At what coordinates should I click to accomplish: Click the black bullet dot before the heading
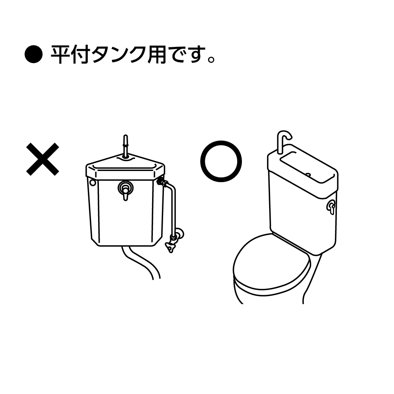(33, 54)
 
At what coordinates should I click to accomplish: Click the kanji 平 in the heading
(60, 54)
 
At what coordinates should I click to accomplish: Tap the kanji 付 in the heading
(81, 54)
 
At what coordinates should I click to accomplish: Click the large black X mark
(43, 159)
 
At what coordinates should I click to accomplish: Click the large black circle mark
(221, 161)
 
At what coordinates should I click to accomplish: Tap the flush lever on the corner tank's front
(125, 190)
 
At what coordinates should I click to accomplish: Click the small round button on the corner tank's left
(93, 182)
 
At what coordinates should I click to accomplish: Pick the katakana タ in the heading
(102, 54)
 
